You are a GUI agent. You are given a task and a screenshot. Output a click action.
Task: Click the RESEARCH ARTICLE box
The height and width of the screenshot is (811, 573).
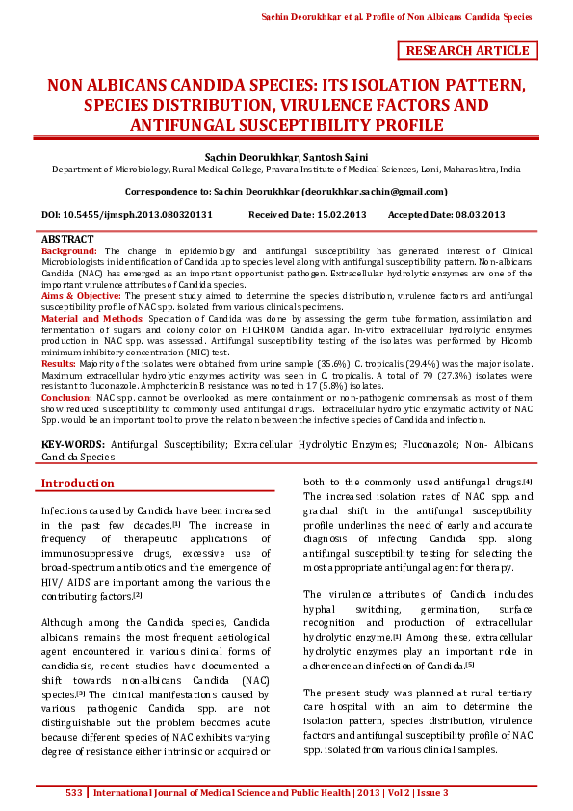click(x=468, y=51)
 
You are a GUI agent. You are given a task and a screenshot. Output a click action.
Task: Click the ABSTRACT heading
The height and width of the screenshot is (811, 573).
click(x=67, y=239)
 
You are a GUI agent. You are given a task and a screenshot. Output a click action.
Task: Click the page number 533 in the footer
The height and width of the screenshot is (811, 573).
click(x=73, y=793)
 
